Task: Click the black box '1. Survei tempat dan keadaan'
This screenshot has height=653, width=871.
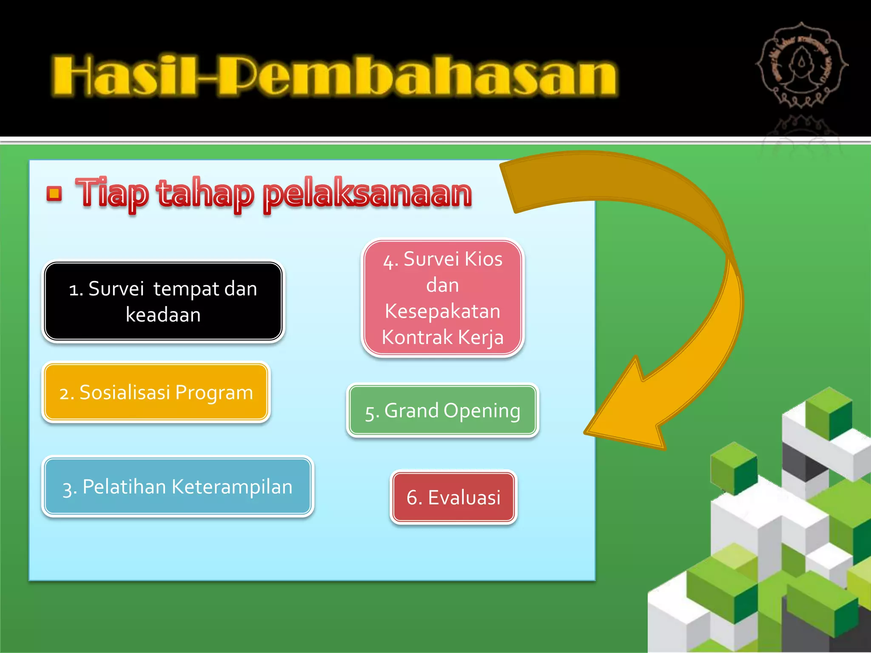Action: pos(163,301)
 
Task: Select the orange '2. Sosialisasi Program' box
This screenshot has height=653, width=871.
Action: pos(156,392)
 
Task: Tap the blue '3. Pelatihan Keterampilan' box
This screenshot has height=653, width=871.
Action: pos(177,486)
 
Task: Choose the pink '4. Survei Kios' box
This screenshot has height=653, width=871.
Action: pos(442,298)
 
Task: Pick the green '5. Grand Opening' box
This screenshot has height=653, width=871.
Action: pos(442,410)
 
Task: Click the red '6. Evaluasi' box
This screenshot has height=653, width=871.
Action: pos(453,497)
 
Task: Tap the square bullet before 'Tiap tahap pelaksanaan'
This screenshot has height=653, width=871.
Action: pos(54,194)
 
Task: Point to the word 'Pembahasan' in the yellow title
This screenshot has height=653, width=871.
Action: pos(417,76)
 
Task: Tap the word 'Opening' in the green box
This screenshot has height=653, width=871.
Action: pos(481,411)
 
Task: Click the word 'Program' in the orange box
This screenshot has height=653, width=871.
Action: pos(214,392)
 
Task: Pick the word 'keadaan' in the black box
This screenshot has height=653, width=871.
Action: pos(163,315)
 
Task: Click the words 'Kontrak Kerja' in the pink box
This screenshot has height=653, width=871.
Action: pos(442,337)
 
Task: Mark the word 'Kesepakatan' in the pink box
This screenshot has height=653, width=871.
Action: pos(442,311)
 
